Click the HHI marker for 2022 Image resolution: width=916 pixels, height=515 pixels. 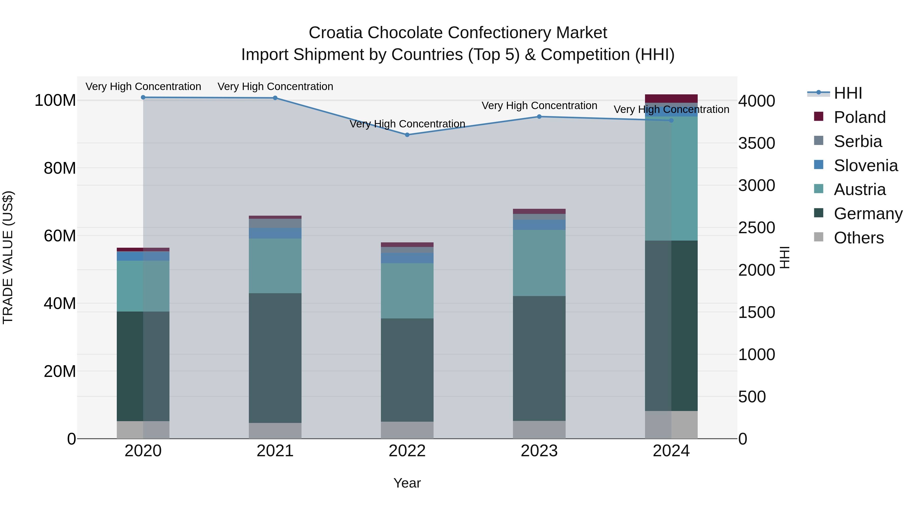[x=407, y=135]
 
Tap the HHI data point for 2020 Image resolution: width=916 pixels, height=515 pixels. [x=143, y=97]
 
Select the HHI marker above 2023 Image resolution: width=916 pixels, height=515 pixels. [x=539, y=116]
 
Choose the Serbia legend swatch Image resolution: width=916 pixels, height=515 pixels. [x=819, y=140]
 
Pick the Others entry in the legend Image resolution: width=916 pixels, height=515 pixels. [x=858, y=238]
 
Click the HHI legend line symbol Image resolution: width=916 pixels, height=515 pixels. [x=818, y=93]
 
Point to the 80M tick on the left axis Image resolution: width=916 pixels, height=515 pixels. [x=59, y=168]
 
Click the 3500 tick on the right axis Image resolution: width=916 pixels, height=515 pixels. [x=756, y=143]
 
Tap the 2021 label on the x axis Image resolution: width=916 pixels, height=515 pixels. [x=275, y=451]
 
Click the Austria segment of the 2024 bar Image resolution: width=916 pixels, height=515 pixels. [x=671, y=179]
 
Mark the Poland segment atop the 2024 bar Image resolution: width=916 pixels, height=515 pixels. [x=671, y=98]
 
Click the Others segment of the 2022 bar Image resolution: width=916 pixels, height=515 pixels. [x=407, y=430]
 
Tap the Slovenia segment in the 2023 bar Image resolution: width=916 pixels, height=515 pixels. [x=539, y=225]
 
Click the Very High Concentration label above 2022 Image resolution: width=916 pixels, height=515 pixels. [x=407, y=124]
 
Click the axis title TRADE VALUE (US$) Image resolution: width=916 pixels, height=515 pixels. [x=8, y=257]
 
